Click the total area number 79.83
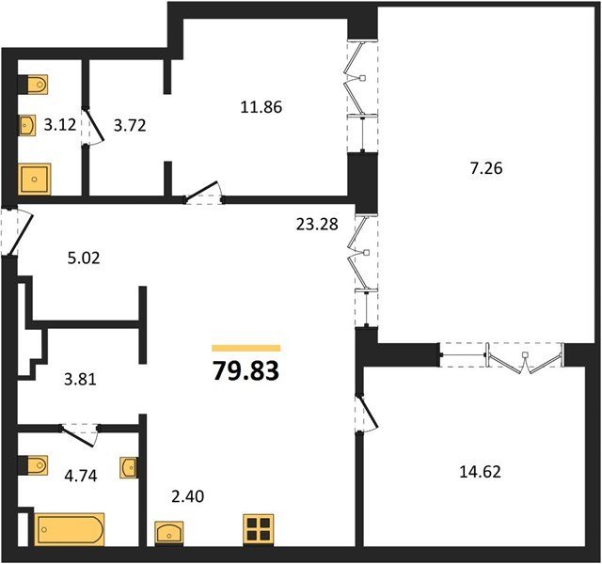(246, 371)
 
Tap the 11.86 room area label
(261, 107)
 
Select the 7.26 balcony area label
(486, 168)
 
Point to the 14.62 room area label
(480, 472)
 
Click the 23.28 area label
(317, 224)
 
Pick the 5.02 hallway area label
(84, 258)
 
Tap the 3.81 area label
(80, 380)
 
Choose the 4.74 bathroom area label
(81, 476)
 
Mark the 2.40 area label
(188, 496)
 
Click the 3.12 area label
(60, 125)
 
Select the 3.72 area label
(130, 125)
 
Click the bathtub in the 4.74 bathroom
(70, 529)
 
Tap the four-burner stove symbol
(259, 529)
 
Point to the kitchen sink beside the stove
(169, 533)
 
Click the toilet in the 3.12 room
(33, 84)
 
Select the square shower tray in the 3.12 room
(35, 180)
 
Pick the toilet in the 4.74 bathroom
(33, 465)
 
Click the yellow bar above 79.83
(246, 348)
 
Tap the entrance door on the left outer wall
(19, 231)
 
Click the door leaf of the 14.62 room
(368, 411)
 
